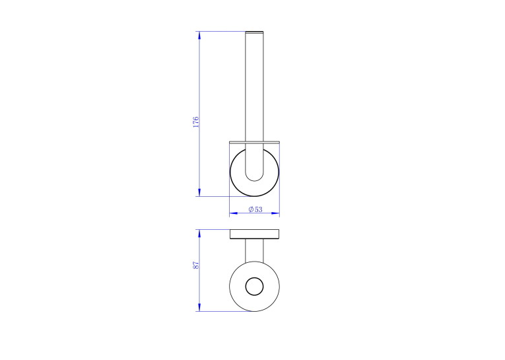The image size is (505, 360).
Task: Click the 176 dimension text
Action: point(196,122)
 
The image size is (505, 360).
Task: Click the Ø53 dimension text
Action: point(255,209)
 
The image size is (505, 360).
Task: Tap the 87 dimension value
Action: point(196,266)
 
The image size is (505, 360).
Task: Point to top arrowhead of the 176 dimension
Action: point(199,35)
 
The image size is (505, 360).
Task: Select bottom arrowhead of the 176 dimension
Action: point(199,192)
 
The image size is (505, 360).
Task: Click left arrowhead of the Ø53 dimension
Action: point(234,213)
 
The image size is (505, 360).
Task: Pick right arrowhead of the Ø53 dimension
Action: point(275,213)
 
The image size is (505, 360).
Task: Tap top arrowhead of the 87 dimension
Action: point(199,234)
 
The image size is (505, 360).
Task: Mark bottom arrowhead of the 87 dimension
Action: point(199,307)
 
